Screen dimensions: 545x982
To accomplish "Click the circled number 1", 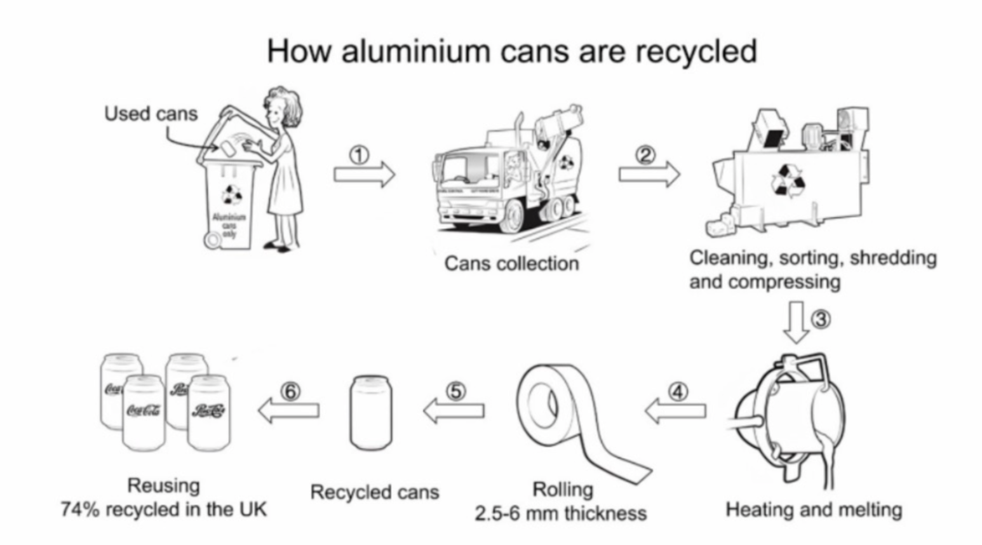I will (x=360, y=155).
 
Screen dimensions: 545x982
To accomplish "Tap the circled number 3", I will (x=821, y=319).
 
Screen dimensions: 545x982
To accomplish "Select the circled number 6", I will (x=290, y=392).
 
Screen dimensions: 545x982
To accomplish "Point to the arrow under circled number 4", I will (x=675, y=411).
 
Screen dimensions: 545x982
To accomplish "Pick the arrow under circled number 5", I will (x=454, y=411).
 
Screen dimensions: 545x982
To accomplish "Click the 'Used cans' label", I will (x=151, y=114).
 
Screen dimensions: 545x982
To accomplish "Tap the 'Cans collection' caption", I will (x=511, y=263).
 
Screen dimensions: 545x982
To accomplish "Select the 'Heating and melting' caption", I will (x=814, y=509).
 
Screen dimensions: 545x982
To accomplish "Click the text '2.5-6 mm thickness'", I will (x=560, y=513).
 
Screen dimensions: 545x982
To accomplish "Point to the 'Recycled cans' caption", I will (x=374, y=492).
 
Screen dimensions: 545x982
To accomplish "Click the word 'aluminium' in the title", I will (x=417, y=51).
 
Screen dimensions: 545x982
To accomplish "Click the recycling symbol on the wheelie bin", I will (x=231, y=194).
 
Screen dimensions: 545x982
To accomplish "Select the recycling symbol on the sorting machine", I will (x=788, y=180).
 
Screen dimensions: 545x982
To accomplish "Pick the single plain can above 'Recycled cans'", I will (x=371, y=412).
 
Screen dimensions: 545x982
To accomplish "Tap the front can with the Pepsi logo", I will (x=209, y=412).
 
